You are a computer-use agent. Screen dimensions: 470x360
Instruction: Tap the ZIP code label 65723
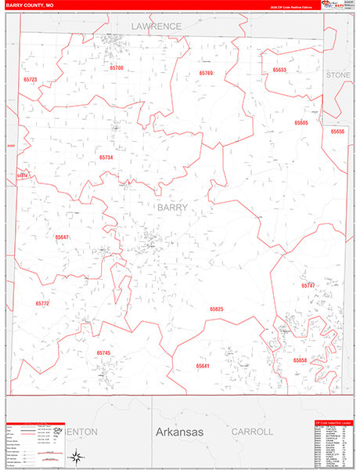pyautogui.click(x=31, y=80)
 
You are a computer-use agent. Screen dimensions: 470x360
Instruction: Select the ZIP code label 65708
pyautogui.click(x=117, y=68)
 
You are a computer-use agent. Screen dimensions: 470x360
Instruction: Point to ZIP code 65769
pyautogui.click(x=206, y=73)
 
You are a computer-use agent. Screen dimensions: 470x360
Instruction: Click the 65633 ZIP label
pyautogui.click(x=279, y=70)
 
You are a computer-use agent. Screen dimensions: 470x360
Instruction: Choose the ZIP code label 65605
pyautogui.click(x=301, y=123)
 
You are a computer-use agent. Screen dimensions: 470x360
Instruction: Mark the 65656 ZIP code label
pyautogui.click(x=337, y=132)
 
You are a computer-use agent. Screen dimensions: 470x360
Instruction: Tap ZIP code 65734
pyautogui.click(x=106, y=157)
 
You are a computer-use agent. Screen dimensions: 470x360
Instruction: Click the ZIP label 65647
pyautogui.click(x=62, y=237)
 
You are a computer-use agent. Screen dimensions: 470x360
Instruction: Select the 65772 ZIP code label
pyautogui.click(x=42, y=303)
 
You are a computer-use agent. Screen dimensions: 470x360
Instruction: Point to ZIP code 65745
pyautogui.click(x=103, y=352)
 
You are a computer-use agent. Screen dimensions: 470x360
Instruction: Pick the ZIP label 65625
pyautogui.click(x=216, y=309)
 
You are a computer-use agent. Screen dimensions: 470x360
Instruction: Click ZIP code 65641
pyautogui.click(x=203, y=366)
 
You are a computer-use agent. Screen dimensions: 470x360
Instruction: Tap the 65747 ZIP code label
pyautogui.click(x=308, y=286)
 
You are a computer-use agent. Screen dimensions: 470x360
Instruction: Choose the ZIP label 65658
pyautogui.click(x=300, y=360)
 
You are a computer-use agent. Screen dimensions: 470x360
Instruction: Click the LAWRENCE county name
pyautogui.click(x=156, y=26)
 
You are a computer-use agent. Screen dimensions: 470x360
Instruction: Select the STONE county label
pyautogui.click(x=338, y=74)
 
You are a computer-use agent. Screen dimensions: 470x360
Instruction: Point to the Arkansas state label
pyautogui.click(x=179, y=432)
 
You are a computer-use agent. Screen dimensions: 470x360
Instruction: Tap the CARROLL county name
pyautogui.click(x=252, y=432)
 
